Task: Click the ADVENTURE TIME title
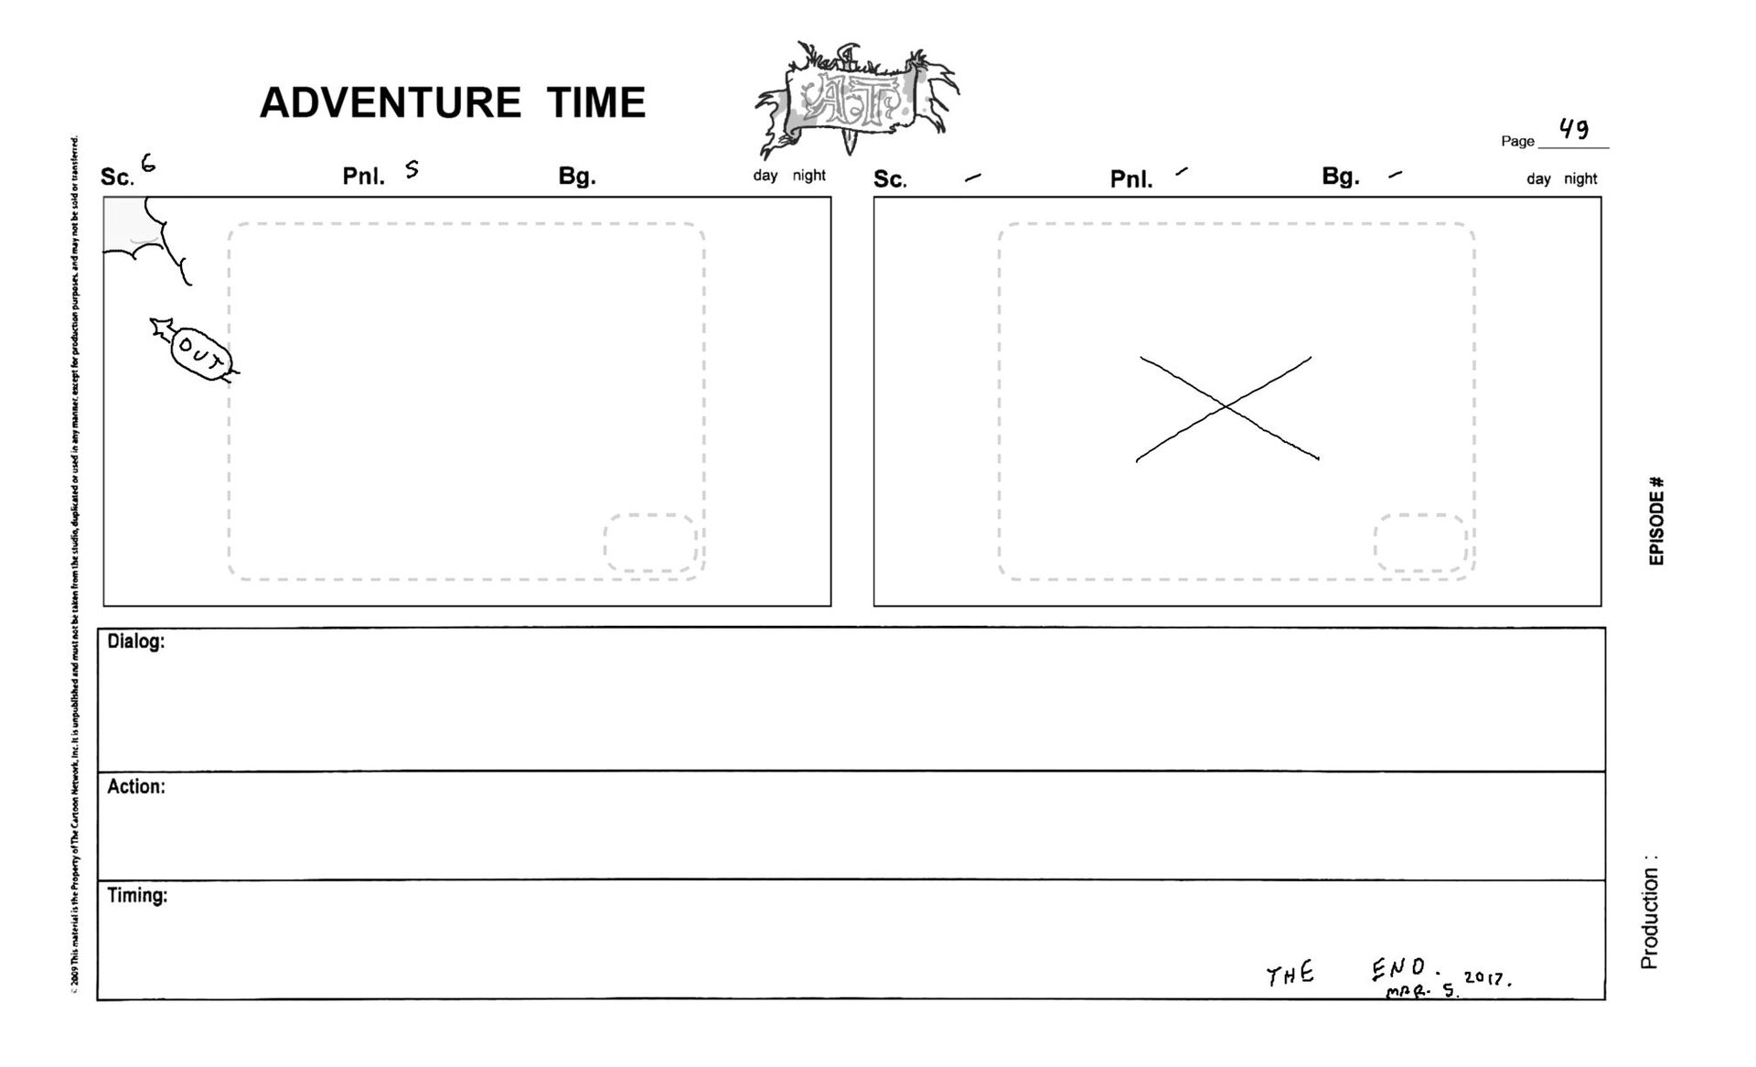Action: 453,102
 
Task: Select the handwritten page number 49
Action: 1574,129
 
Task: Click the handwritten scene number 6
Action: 147,164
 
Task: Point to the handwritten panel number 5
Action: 412,168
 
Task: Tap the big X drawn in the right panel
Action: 1226,408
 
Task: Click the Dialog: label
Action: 135,641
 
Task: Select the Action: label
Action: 135,787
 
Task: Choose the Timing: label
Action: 137,896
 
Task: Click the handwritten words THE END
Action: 1344,972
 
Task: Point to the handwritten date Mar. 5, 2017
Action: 1450,985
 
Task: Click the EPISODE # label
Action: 1656,521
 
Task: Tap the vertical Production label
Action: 1649,912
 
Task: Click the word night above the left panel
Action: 808,176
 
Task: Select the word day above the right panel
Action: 1538,179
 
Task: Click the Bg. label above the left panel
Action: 577,177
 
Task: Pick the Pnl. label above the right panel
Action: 1131,179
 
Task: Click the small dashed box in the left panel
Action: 650,543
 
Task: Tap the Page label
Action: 1517,141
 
